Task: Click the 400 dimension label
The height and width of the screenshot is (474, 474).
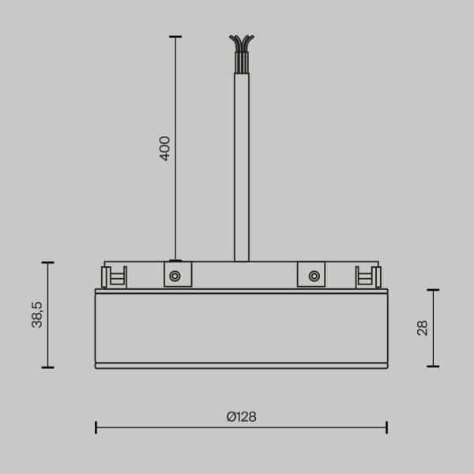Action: click(164, 149)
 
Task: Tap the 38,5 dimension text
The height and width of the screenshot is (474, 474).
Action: click(37, 314)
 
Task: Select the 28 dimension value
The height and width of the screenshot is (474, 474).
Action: click(422, 327)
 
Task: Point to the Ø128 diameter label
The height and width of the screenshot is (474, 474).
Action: click(241, 416)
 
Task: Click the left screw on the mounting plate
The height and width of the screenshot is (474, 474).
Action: click(175, 276)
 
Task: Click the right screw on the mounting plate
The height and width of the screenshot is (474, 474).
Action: click(314, 276)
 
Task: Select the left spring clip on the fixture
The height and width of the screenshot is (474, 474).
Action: click(114, 276)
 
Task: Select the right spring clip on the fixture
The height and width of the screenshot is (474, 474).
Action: click(367, 276)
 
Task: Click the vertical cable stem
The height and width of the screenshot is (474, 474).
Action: click(241, 158)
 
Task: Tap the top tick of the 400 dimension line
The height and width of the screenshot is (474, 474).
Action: click(175, 36)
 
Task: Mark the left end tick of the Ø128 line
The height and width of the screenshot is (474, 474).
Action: click(96, 427)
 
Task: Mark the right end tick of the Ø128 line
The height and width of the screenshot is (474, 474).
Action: click(386, 427)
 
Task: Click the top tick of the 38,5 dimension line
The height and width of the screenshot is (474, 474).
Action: click(47, 262)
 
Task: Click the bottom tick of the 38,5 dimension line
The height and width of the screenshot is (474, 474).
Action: click(47, 367)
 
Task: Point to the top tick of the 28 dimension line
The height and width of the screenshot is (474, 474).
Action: click(432, 290)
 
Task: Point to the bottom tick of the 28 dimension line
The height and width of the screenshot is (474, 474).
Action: click(432, 367)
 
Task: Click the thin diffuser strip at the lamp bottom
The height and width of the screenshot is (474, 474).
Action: click(241, 366)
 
